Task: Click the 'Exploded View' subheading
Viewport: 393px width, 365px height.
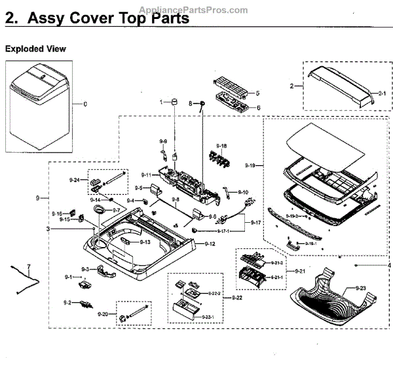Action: click(x=35, y=49)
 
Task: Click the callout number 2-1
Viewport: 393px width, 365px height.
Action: click(x=382, y=94)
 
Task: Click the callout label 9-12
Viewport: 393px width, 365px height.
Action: click(x=210, y=244)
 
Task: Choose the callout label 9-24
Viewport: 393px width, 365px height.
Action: click(x=75, y=180)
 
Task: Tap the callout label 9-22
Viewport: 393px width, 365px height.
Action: click(x=235, y=298)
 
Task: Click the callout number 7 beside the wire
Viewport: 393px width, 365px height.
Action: click(x=28, y=266)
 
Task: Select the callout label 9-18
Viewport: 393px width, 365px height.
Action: click(x=222, y=145)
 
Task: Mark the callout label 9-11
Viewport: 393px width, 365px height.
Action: click(x=146, y=175)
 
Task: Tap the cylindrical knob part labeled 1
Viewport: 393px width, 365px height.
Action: click(x=176, y=102)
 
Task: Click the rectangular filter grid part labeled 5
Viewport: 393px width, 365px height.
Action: click(x=230, y=88)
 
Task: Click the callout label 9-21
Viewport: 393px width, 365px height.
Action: click(x=300, y=271)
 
